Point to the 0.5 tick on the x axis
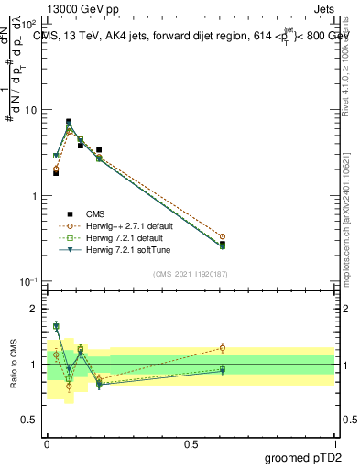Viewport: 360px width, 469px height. tap(191, 442)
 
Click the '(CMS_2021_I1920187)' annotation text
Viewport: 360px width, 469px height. tap(189, 272)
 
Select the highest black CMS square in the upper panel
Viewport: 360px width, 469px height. tap(69, 121)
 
